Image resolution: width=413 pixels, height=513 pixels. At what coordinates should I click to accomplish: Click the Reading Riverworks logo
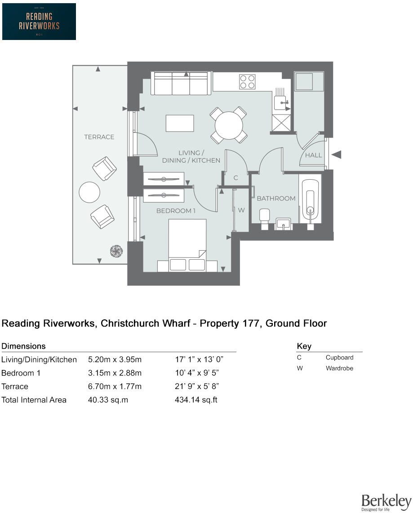tap(39, 22)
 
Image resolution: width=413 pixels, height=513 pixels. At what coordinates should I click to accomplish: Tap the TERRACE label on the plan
tap(99, 137)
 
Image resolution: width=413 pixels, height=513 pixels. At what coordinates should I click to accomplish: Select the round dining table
tap(229, 126)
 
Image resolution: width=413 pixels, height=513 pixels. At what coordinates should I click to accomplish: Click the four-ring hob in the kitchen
tap(247, 82)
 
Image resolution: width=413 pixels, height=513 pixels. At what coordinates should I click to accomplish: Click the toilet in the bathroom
tap(264, 219)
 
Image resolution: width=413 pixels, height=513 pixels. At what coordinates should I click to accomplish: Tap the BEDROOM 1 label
tap(176, 211)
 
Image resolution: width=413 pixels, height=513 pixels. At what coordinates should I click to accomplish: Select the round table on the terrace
tap(89, 192)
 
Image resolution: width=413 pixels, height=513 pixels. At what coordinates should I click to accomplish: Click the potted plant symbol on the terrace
tap(116, 251)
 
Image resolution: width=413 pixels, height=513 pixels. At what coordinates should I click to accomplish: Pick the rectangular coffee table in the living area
tap(180, 124)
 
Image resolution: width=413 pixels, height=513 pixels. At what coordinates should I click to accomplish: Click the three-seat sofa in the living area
tap(181, 84)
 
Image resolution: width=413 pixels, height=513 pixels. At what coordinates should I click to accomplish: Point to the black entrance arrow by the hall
tap(337, 155)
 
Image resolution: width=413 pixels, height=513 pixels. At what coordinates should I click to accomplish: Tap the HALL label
tap(314, 155)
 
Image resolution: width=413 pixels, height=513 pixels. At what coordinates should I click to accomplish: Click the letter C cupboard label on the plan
tap(235, 178)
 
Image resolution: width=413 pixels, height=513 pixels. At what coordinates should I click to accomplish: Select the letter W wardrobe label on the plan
tap(241, 210)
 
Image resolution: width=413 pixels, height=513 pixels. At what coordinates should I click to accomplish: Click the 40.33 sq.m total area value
tap(108, 400)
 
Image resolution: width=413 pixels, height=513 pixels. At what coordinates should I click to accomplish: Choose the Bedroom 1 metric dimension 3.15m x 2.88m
tap(115, 373)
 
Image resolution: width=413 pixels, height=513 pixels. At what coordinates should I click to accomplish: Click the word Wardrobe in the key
tap(339, 368)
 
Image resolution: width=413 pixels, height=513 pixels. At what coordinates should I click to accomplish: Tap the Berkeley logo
tap(386, 502)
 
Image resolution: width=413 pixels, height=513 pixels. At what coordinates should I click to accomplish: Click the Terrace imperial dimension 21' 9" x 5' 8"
tap(197, 386)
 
